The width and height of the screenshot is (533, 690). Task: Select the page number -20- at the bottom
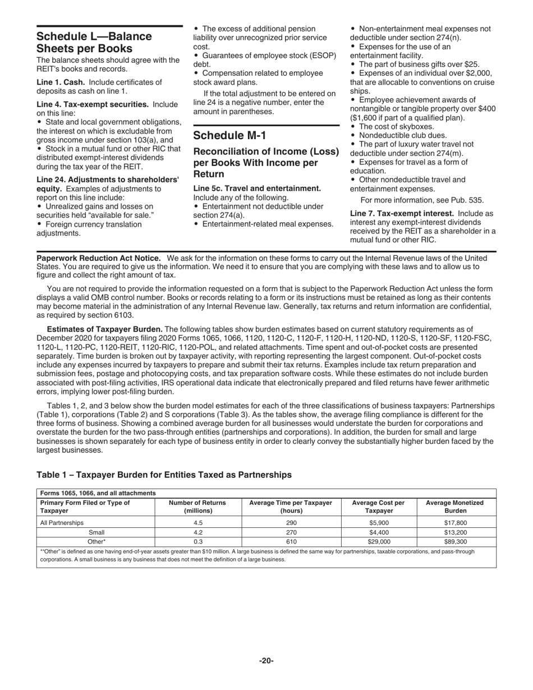point(266,661)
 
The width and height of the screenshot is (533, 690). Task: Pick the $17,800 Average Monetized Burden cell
point(454,523)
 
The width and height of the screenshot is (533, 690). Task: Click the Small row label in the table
point(97,532)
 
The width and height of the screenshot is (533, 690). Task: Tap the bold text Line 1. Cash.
point(61,82)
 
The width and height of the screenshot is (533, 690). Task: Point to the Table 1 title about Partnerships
point(164,475)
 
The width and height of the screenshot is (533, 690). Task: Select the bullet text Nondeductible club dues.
point(403,135)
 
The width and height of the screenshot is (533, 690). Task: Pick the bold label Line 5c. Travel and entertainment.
point(257,188)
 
